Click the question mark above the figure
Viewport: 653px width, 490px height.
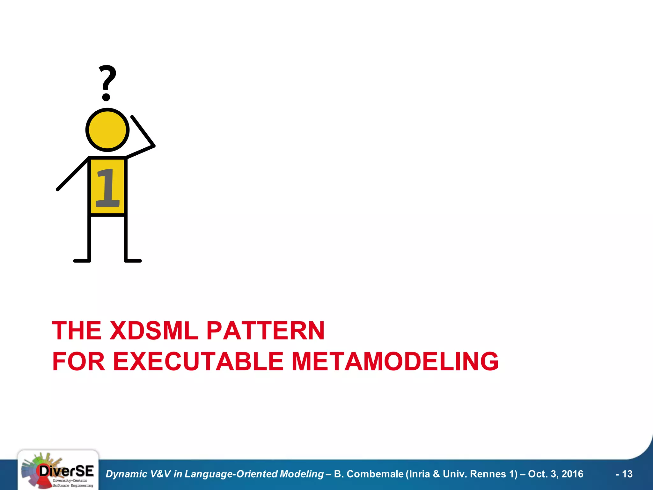[107, 82]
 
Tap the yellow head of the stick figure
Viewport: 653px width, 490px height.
[107, 130]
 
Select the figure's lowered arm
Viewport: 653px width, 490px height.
[73, 174]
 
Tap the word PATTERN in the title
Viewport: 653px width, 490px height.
[266, 330]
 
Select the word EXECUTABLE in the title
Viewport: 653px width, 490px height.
[198, 361]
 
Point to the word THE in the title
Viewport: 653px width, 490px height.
[77, 330]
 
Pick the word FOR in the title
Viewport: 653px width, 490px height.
[78, 361]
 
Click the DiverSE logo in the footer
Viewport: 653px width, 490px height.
[58, 470]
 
